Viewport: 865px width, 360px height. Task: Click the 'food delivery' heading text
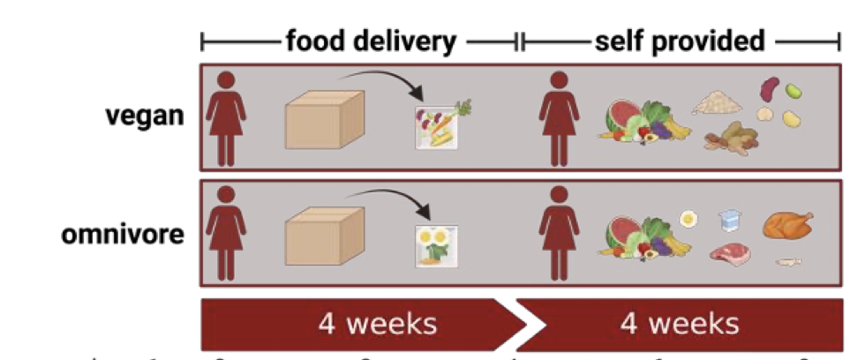(371, 41)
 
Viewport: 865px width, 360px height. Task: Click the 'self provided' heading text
(679, 41)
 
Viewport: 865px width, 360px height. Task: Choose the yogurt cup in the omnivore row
(728, 222)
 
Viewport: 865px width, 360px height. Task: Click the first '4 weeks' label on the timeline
(379, 324)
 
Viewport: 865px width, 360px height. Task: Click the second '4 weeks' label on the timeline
(680, 324)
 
